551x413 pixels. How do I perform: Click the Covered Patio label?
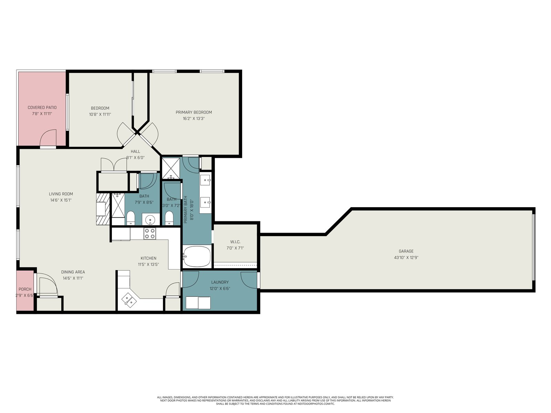42,108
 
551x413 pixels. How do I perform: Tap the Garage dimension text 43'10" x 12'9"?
406,257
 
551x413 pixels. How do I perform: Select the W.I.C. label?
235,242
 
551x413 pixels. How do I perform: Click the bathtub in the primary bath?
197,256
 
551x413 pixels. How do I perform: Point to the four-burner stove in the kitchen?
149,234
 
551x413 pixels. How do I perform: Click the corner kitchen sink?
129,300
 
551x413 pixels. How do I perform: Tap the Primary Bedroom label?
194,112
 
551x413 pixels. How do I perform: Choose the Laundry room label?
220,282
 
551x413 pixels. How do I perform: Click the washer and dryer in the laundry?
198,303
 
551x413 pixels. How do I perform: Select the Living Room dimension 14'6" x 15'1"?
61,200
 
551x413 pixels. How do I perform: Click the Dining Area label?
73,272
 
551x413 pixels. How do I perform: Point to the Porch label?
25,289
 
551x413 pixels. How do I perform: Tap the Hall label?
135,151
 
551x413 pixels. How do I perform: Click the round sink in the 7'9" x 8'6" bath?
150,220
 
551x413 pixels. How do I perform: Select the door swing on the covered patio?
48,137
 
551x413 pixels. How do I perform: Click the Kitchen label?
148,258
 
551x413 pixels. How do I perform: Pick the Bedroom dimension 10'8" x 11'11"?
100,114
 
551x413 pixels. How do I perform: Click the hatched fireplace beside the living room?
103,209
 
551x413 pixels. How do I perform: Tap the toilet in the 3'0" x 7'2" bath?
169,218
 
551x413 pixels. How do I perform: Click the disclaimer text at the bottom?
275,401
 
